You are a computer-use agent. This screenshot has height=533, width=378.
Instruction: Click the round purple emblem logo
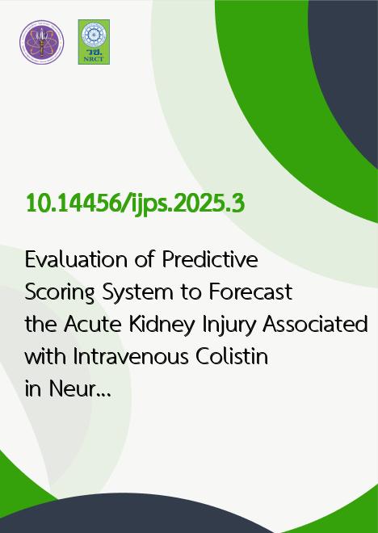tap(41, 42)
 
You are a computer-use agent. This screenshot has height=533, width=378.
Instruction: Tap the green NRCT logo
tap(94, 42)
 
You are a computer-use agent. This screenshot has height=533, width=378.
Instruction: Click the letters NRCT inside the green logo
tap(94, 59)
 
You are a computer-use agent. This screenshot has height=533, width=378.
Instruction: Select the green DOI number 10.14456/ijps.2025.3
tap(136, 204)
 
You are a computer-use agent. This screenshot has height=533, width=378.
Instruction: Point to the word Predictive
tap(210, 260)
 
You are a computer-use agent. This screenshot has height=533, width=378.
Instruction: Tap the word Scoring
tap(60, 292)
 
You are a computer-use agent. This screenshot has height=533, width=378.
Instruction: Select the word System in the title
tap(138, 292)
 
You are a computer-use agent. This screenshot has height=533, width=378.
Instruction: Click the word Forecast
tap(250, 292)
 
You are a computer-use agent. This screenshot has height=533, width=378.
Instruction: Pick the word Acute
tap(92, 325)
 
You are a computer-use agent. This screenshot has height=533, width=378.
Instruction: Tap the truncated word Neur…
tap(80, 389)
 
